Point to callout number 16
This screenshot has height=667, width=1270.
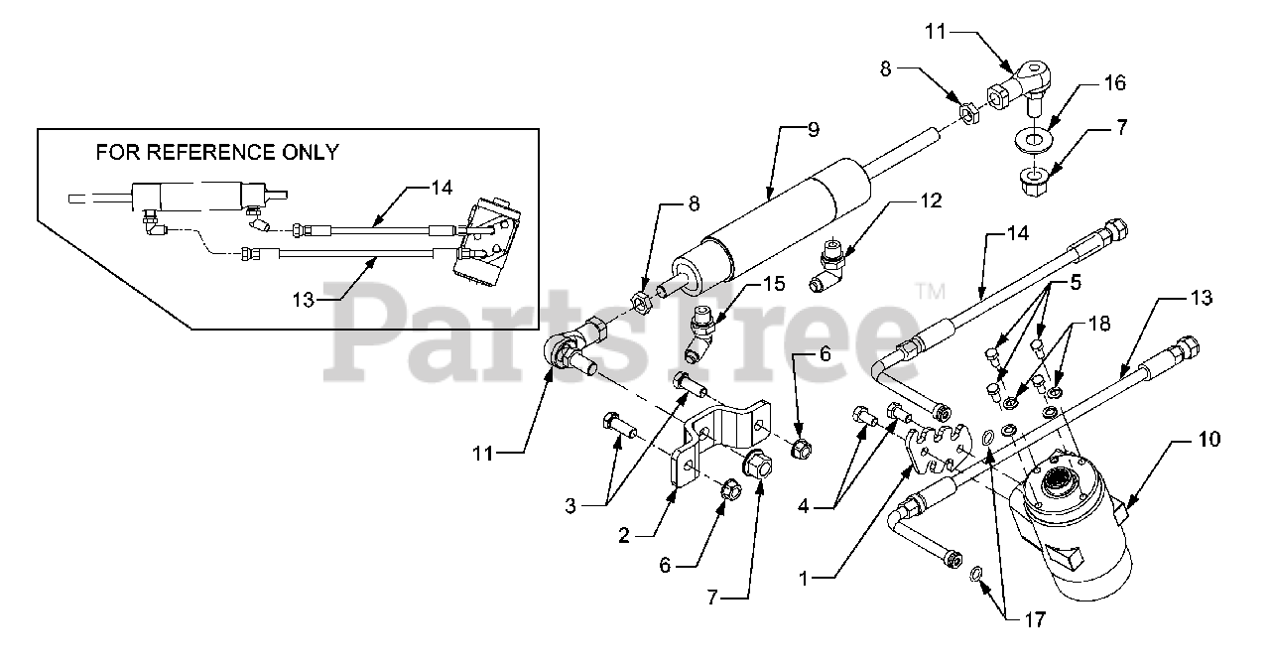pos(1114,83)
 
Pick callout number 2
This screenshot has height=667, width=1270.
pos(623,535)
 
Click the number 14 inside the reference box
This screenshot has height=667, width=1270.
pos(441,186)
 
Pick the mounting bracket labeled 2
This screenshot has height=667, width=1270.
pos(718,437)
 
